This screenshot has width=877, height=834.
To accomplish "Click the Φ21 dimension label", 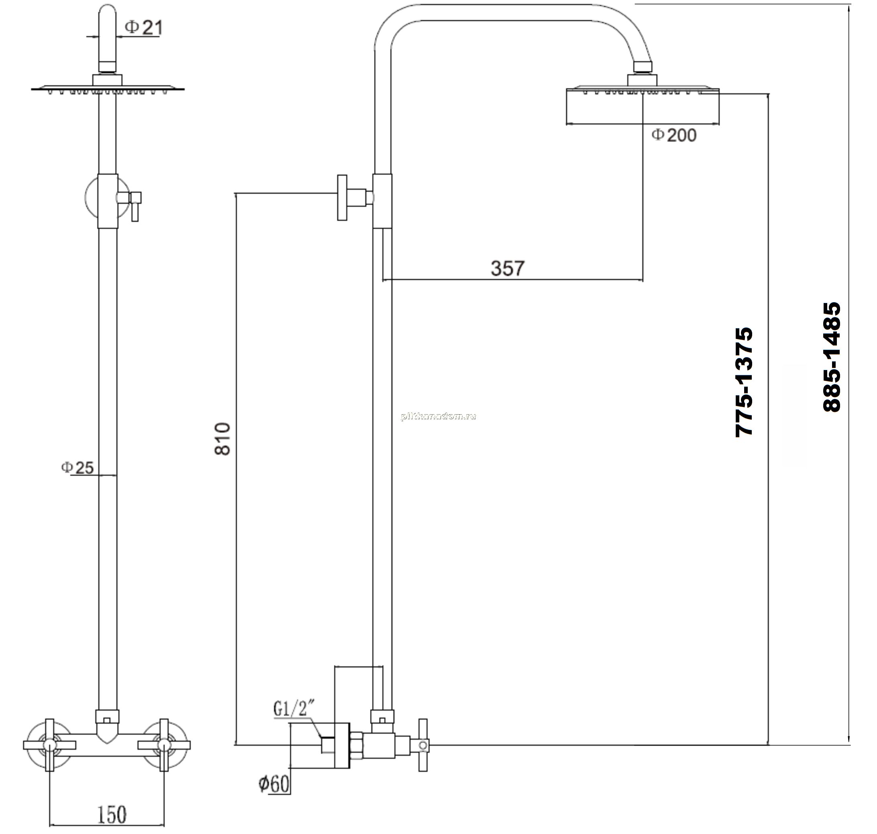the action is point(144,28).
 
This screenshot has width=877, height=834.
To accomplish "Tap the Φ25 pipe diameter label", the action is point(77,468).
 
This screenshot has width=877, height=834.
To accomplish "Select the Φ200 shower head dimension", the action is point(674,135).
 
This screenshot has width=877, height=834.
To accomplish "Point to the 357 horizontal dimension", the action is point(508,269).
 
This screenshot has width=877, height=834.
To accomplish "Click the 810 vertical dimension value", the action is point(223,439).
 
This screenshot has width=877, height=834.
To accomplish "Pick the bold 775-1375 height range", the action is point(744,382).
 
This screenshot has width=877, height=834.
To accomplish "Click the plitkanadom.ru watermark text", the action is point(438,417).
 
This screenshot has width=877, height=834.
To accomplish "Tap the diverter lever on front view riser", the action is point(134,205).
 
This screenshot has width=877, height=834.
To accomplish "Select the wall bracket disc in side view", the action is point(342,197).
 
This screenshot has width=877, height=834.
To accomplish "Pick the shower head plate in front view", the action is point(108,88).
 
